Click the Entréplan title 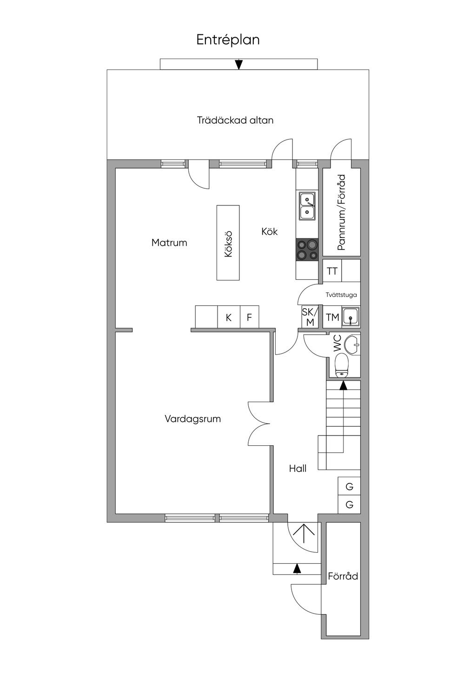tap(228, 40)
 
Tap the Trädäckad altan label tap(235, 120)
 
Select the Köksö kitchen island tap(228, 243)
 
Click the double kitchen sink tap(307, 206)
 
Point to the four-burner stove tap(307, 250)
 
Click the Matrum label tap(169, 243)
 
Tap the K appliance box tap(229, 317)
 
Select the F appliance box tap(249, 317)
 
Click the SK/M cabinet tap(308, 317)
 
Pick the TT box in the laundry tap(332, 271)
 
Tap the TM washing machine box tap(332, 317)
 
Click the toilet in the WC tap(342, 365)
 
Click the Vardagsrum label tap(192, 419)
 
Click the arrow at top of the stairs tap(343, 385)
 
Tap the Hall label tap(297, 468)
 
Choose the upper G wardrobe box tap(349, 487)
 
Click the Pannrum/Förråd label tap(342, 212)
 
